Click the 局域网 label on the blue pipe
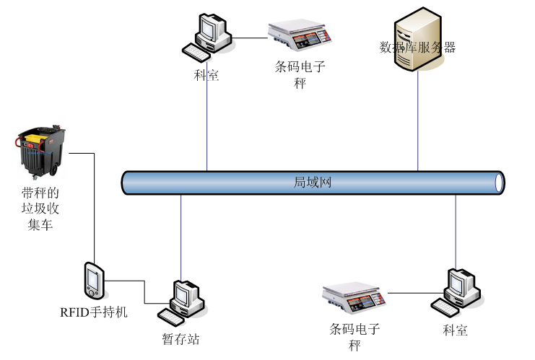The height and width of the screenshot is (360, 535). click(313, 182)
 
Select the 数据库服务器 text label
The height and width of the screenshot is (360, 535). click(417, 48)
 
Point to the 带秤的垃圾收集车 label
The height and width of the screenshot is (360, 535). click(40, 209)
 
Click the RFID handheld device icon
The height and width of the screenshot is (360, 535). click(94, 280)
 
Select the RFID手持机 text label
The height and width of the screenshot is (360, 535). click(94, 312)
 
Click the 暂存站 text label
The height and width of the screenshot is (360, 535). click(181, 338)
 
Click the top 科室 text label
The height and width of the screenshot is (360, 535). click(206, 75)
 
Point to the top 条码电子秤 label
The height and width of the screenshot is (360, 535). click(300, 74)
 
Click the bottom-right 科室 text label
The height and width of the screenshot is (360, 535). click(455, 330)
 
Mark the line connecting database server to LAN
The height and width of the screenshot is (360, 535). click(418, 123)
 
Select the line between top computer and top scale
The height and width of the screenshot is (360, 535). click(250, 38)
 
